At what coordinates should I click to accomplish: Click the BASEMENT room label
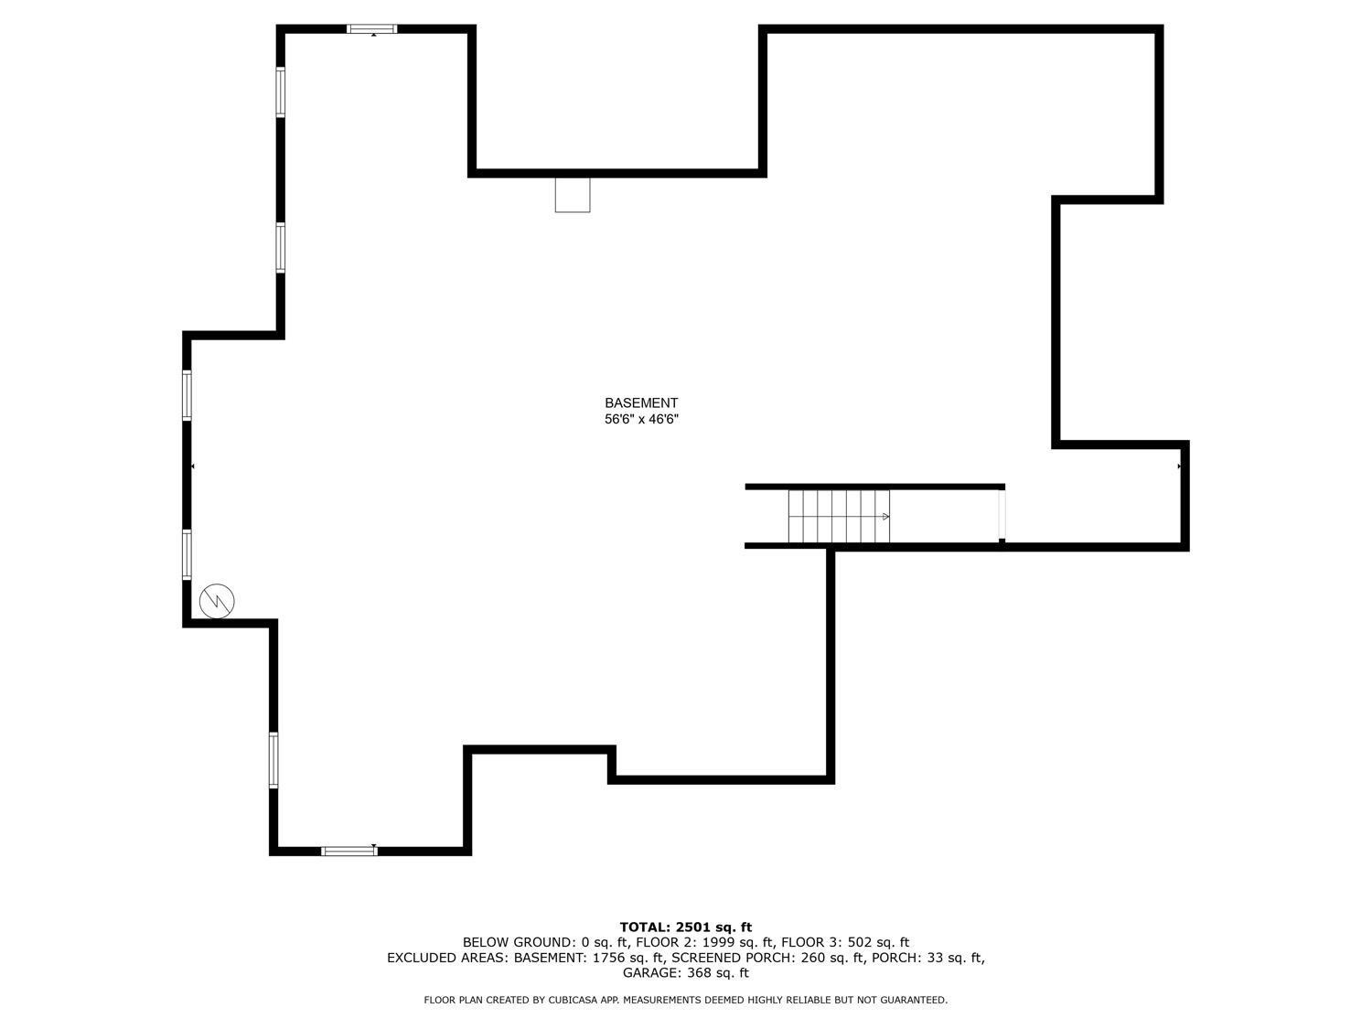pyautogui.click(x=640, y=403)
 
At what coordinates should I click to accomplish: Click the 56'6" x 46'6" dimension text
pyautogui.click(x=640, y=419)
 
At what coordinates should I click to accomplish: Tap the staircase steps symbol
pyautogui.click(x=838, y=516)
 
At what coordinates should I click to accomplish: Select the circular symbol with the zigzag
pyautogui.click(x=217, y=601)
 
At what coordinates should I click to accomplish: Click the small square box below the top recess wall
pyautogui.click(x=573, y=195)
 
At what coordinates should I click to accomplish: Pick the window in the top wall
pyautogui.click(x=372, y=28)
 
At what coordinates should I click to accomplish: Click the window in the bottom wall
pyautogui.click(x=348, y=851)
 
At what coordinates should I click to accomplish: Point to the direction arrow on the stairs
pyautogui.click(x=885, y=517)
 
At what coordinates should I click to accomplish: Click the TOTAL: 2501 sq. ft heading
pyautogui.click(x=686, y=927)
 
